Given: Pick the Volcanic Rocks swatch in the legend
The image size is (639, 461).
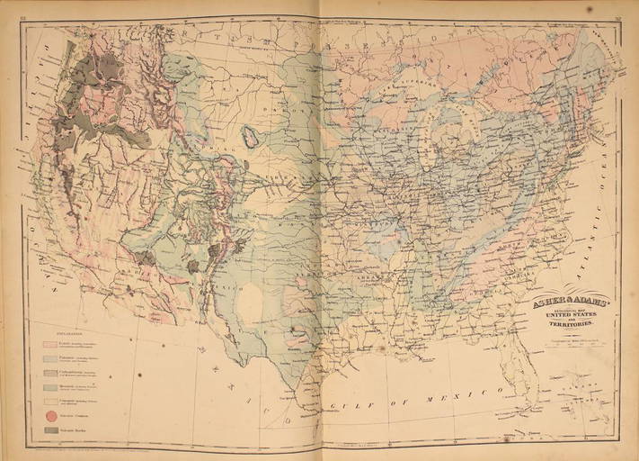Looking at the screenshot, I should [51, 430].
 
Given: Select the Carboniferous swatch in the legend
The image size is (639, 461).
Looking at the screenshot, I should [51, 372].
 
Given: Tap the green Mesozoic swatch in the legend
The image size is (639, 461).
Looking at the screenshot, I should [51, 386].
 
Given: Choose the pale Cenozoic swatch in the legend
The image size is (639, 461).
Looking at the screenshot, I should [51, 400].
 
